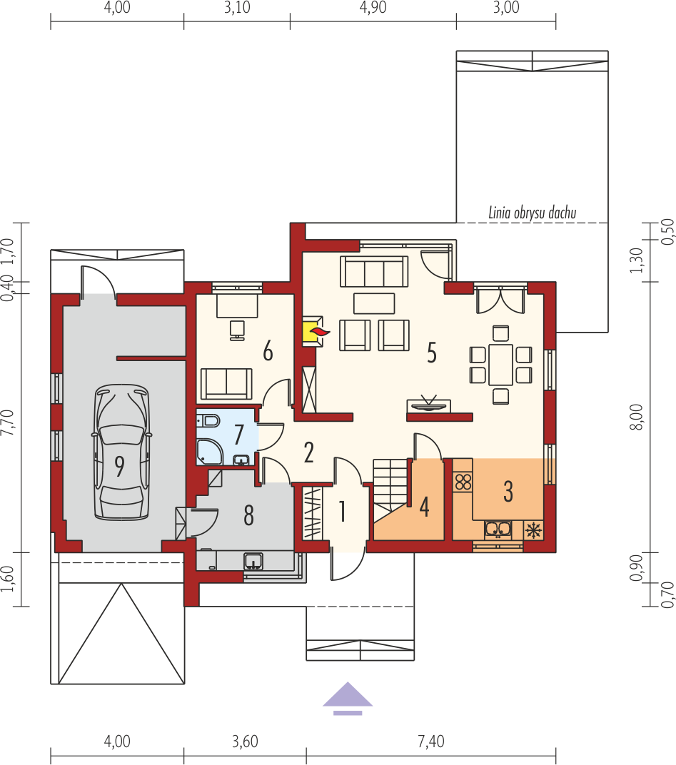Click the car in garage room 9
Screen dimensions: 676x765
pos(121,452)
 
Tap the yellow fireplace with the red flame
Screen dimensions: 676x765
pos(313,332)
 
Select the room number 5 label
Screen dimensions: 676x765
pos(431,353)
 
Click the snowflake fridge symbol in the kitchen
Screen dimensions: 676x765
pos(533,530)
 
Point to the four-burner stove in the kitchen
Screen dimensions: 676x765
pos(463,482)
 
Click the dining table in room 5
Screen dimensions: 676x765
pos(501,365)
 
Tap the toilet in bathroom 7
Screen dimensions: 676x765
pos(208,420)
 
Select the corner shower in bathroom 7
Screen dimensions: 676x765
pos(209,452)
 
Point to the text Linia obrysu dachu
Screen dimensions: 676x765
pos(533,213)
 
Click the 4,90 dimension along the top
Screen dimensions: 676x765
pos(373,7)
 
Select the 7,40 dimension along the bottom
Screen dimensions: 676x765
pos(431,741)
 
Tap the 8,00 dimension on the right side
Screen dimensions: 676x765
pos(636,417)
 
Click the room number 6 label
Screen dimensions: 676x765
pos(268,351)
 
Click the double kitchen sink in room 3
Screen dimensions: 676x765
pos(498,530)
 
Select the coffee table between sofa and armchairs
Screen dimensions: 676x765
pos(374,303)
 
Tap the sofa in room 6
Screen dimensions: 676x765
pos(226,384)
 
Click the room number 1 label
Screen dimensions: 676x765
pos(343,511)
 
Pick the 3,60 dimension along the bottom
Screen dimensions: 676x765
pos(245,741)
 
